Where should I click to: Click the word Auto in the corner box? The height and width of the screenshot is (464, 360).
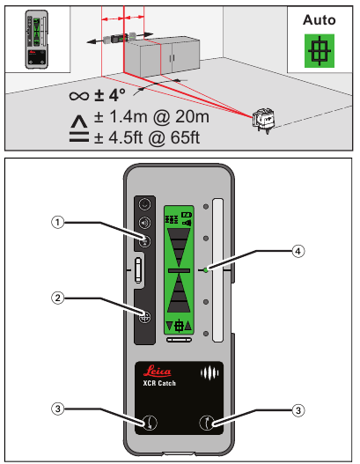pos(320,20)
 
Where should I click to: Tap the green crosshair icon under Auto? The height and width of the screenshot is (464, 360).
pos(320,50)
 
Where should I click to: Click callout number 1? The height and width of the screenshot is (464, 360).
pos(58,222)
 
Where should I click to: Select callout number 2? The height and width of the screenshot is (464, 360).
pos(58,298)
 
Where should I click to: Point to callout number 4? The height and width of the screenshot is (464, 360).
pos(298,251)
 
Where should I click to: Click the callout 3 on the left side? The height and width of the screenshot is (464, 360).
pos(58,409)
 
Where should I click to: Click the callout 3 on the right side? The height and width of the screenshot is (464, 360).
pos(298,410)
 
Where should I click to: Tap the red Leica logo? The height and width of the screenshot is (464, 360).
pos(157,371)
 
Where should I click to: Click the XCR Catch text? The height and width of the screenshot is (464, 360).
pos(159,383)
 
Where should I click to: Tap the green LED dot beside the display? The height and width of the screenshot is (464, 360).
pos(206,270)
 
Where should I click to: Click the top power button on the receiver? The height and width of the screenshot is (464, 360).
pos(144,204)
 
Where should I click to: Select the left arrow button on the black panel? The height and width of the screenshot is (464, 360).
pos(151,423)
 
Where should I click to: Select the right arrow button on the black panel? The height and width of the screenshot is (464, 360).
pos(207,423)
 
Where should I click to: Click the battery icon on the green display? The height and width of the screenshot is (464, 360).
pos(187,215)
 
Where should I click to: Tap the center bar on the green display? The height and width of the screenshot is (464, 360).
pos(179,270)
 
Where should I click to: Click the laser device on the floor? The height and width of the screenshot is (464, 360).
pos(263,120)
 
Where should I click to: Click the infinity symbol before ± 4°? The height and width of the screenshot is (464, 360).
pos(79,96)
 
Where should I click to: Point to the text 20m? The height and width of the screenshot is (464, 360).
pos(192,116)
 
